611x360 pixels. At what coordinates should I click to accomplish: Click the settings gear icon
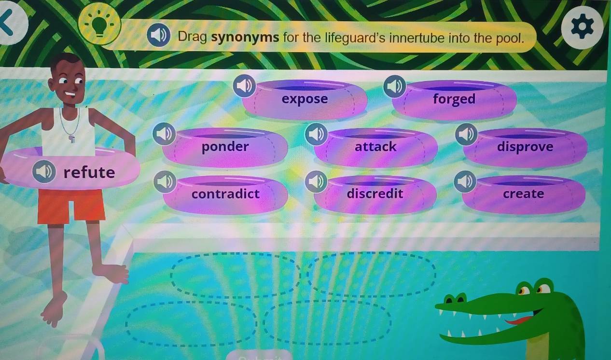[x=582, y=27]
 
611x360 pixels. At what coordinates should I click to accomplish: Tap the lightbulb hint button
[x=99, y=25]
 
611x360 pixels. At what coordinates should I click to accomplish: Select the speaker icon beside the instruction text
[x=158, y=35]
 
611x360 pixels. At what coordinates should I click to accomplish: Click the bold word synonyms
[x=245, y=37]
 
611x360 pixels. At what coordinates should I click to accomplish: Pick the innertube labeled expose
[x=305, y=99]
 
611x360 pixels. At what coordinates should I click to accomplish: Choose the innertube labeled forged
[x=454, y=99]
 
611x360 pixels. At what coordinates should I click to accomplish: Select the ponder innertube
[x=225, y=147]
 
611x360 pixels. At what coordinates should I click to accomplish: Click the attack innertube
[x=375, y=147]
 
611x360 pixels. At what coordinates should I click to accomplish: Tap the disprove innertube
[x=525, y=147]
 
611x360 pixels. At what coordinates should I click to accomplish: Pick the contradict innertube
[x=225, y=194]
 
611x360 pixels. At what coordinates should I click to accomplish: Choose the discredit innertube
[x=375, y=194]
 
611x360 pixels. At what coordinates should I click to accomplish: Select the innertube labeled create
[x=524, y=194]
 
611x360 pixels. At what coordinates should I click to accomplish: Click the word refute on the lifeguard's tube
[x=89, y=173]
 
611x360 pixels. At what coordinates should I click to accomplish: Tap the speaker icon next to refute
[x=44, y=171]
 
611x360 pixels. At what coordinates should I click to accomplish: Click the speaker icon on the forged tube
[x=395, y=86]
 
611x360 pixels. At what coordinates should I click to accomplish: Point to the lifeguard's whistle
[x=72, y=139]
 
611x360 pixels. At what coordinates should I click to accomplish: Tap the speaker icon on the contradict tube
[x=165, y=181]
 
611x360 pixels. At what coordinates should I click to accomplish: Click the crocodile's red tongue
[x=520, y=321]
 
